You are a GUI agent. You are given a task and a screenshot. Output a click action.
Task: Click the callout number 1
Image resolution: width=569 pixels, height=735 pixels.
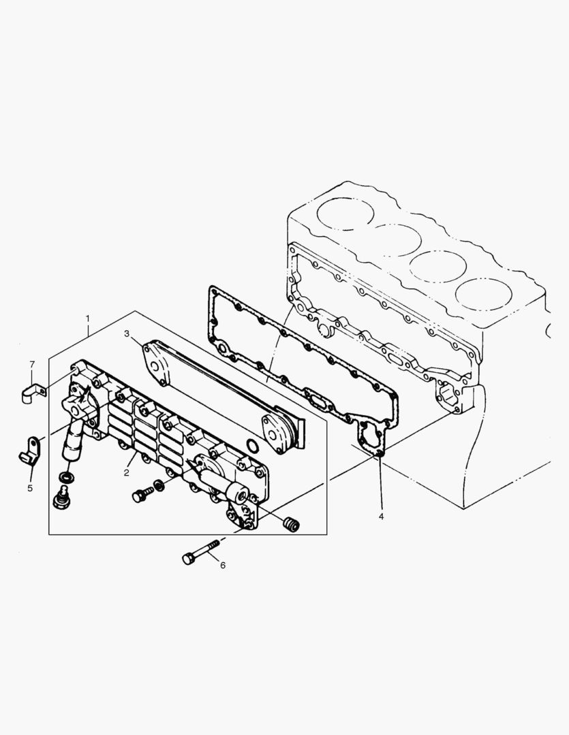point(87,318)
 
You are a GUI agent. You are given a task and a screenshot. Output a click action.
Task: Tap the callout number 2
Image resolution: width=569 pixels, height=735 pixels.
point(127,472)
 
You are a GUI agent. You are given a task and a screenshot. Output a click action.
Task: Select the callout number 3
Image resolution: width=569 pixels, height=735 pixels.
point(127,333)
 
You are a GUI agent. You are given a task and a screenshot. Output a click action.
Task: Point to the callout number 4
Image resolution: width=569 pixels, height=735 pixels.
point(381,517)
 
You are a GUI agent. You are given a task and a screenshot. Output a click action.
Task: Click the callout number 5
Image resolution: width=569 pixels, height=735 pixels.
point(30,487)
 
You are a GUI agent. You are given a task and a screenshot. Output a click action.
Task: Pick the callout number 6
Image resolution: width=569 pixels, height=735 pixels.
point(222,565)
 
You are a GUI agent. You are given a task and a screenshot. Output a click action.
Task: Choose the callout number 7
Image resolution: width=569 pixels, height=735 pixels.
point(31,365)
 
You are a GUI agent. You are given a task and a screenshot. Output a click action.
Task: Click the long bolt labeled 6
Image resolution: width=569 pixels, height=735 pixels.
point(201,551)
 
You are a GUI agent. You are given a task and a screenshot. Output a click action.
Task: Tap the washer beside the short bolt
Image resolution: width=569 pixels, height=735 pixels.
point(159,485)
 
